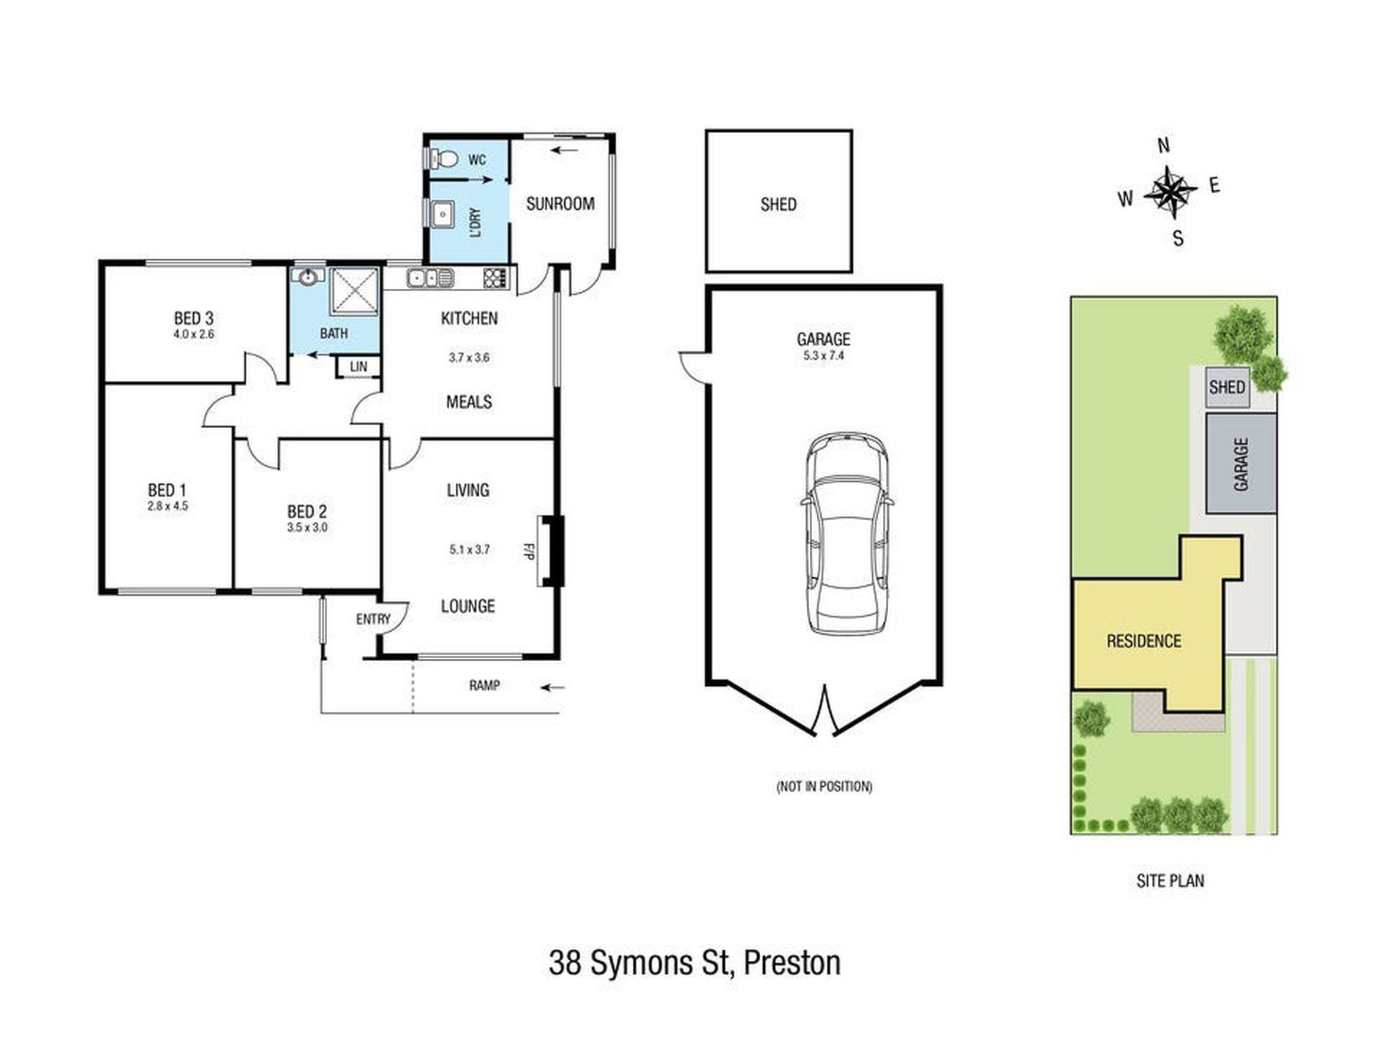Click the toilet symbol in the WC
pyautogui.click(x=444, y=159)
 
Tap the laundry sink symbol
pyautogui.click(x=443, y=215)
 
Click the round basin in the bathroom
pyautogui.click(x=308, y=277)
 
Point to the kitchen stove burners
pyautogui.click(x=495, y=278)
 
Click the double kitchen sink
pyautogui.click(x=430, y=278)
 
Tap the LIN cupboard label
pyautogui.click(x=358, y=366)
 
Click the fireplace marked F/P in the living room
pyautogui.click(x=551, y=551)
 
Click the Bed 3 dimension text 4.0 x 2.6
pyautogui.click(x=194, y=334)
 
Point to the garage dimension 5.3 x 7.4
pyautogui.click(x=824, y=356)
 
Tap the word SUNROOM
pyautogui.click(x=560, y=204)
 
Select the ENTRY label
pyautogui.click(x=373, y=619)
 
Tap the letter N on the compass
pyautogui.click(x=1164, y=146)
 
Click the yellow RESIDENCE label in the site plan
pyautogui.click(x=1143, y=641)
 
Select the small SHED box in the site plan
pyautogui.click(x=1227, y=387)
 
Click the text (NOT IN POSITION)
pyautogui.click(x=824, y=787)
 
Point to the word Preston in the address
pyautogui.click(x=792, y=963)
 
